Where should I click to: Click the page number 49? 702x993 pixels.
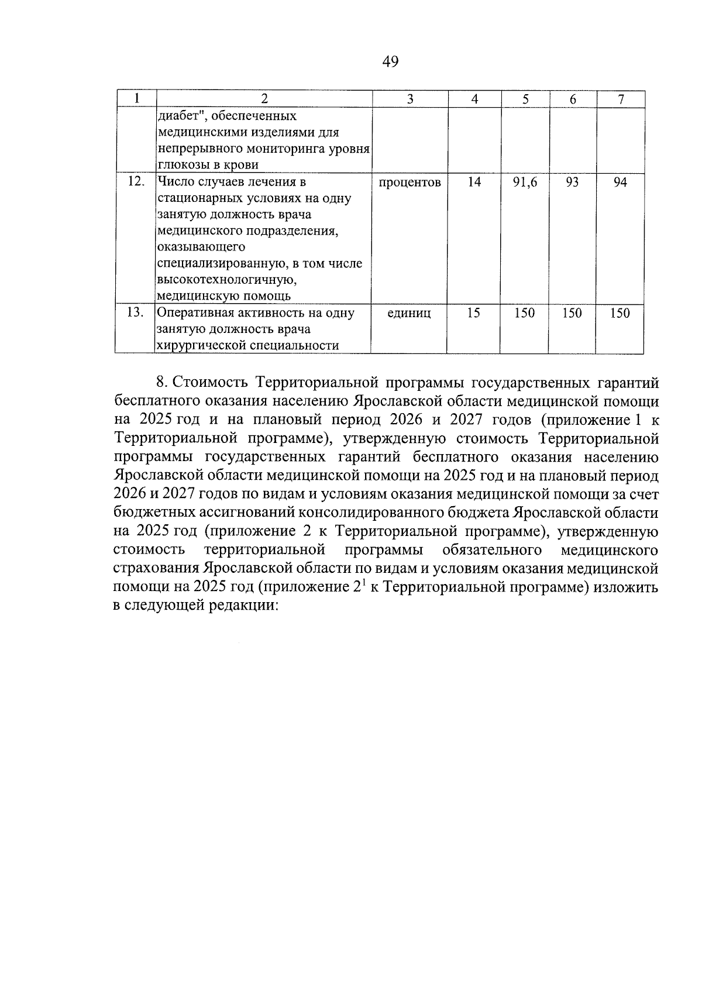(390, 61)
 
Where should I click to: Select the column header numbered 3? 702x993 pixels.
(409, 99)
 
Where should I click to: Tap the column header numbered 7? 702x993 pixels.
(620, 99)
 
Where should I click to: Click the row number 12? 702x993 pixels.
(136, 182)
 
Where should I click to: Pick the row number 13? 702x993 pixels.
(136, 312)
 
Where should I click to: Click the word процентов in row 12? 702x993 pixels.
(409, 183)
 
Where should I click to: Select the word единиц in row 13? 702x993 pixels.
(409, 313)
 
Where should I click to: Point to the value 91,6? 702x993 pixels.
(525, 183)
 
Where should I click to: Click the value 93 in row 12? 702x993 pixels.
(572, 183)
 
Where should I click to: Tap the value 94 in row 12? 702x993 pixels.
(620, 183)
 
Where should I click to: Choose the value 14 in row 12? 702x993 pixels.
(474, 183)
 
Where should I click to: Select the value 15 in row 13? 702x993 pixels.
(474, 313)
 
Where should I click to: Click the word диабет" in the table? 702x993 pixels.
(178, 116)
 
